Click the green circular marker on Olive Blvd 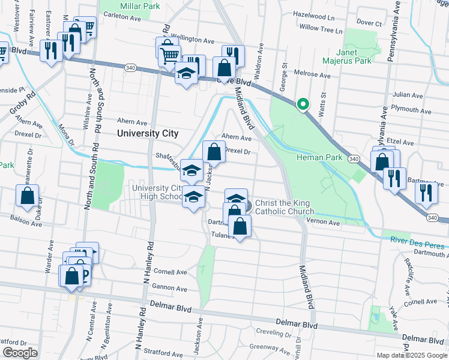point(303,104)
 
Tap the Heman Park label point(319,158)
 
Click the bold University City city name point(148,133)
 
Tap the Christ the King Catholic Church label point(285,207)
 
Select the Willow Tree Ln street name point(321,28)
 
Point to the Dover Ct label point(369,23)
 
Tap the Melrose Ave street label point(313,76)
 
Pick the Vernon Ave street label point(323,223)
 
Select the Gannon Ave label point(171,287)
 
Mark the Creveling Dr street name point(273,332)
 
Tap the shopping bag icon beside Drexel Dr point(214,151)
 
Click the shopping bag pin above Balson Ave point(28,195)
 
